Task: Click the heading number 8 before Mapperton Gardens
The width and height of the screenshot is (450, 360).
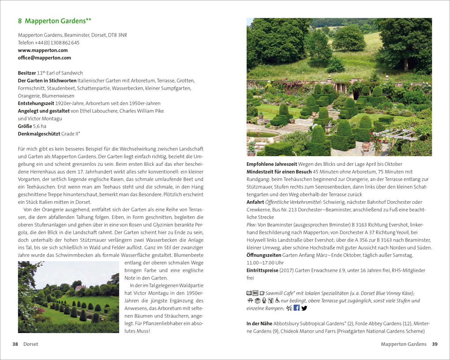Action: point(20,21)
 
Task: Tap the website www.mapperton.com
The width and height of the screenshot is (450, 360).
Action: point(43,50)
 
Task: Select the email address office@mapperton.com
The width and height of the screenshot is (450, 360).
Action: point(44,58)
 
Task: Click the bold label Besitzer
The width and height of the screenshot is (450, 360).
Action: point(26,73)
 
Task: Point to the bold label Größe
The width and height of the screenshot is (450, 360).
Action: point(25,126)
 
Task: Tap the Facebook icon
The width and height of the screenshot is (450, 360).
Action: point(296,308)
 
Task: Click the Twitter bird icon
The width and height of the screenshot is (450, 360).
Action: point(304,308)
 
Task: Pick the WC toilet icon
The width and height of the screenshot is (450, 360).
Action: point(255,293)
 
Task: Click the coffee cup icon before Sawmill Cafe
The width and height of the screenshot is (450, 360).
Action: point(262,293)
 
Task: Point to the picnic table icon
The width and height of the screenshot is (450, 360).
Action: point(250,300)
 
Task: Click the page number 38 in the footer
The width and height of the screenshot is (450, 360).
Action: point(15,344)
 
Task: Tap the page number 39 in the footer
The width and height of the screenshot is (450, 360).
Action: point(435,344)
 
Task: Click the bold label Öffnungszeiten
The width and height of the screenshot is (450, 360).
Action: point(262,255)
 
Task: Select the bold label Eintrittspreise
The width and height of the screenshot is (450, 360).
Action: point(263,270)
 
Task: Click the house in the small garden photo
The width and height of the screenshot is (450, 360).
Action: point(80,288)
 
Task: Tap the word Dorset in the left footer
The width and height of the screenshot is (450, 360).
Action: point(30,344)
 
